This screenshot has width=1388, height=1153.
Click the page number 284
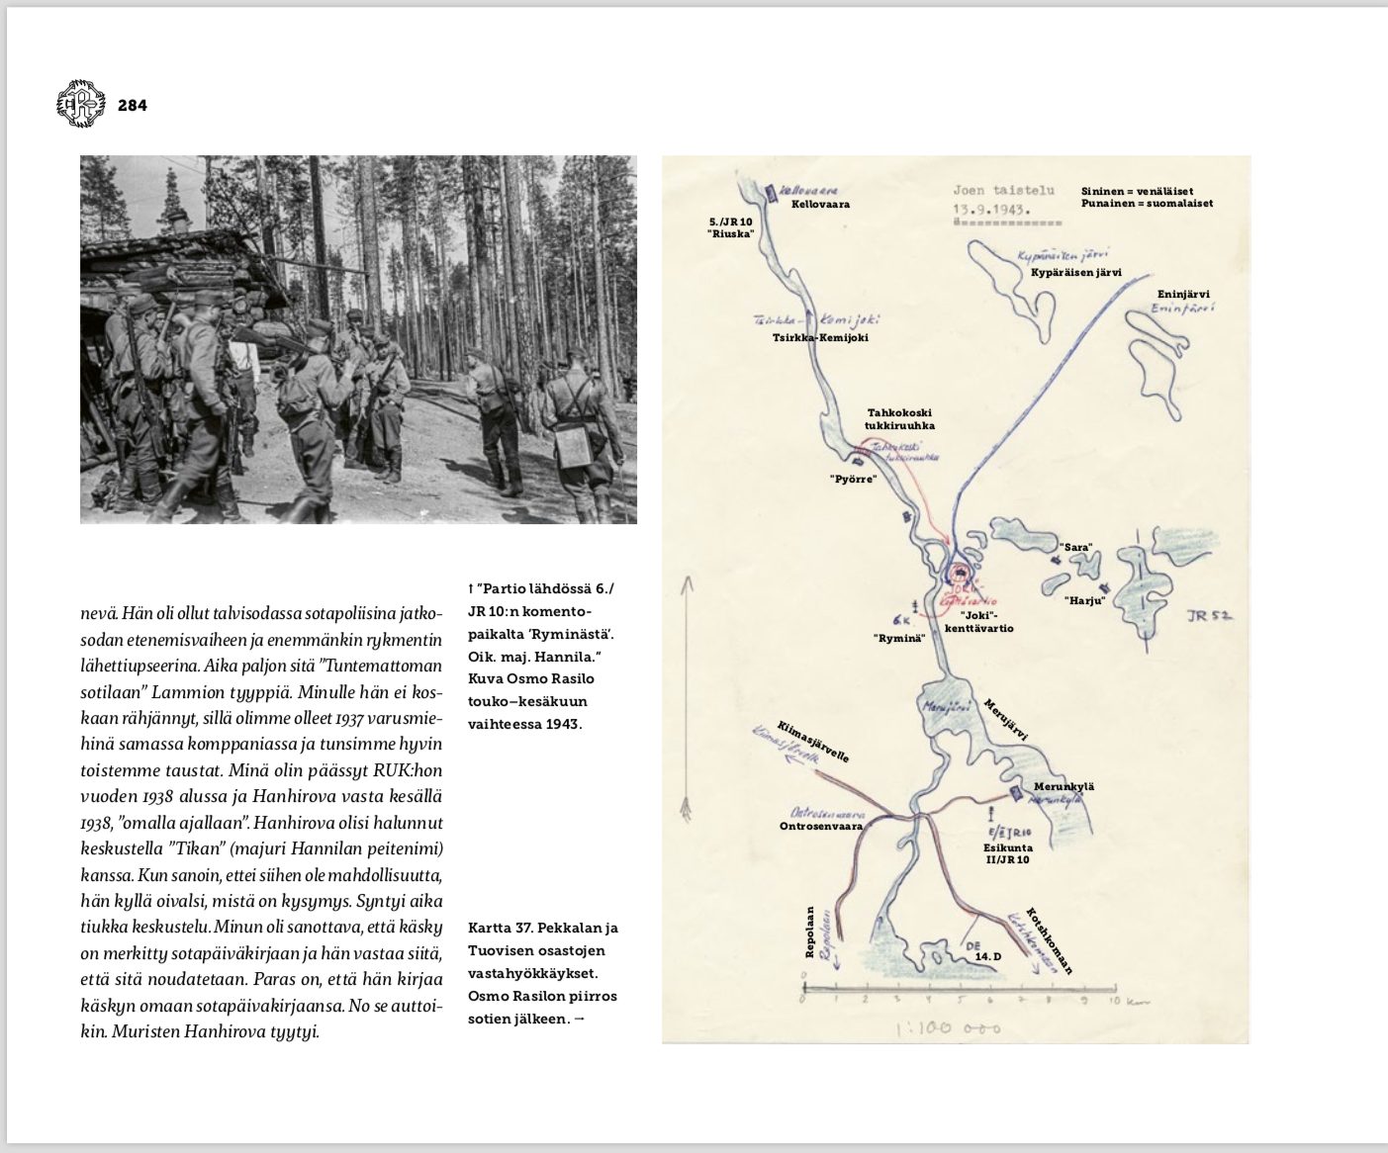(132, 105)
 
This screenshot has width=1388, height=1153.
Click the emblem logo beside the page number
(80, 103)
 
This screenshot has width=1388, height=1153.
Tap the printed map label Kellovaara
(820, 205)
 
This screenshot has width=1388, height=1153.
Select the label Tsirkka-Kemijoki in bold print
(820, 337)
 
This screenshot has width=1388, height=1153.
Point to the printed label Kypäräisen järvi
(1075, 272)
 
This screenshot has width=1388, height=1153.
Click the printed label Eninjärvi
(1183, 294)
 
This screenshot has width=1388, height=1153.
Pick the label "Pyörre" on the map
(853, 479)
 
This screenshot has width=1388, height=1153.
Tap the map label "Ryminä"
(899, 638)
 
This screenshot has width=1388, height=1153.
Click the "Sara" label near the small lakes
(1075, 547)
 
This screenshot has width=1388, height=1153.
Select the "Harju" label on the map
(1084, 600)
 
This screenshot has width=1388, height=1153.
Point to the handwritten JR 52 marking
(1209, 616)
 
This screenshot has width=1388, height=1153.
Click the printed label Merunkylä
(1064, 787)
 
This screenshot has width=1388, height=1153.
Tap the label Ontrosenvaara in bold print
(821, 826)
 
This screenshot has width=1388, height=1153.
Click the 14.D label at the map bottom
(988, 957)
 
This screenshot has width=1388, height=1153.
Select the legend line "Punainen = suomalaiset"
(1147, 203)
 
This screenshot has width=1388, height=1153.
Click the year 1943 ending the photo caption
(562, 724)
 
